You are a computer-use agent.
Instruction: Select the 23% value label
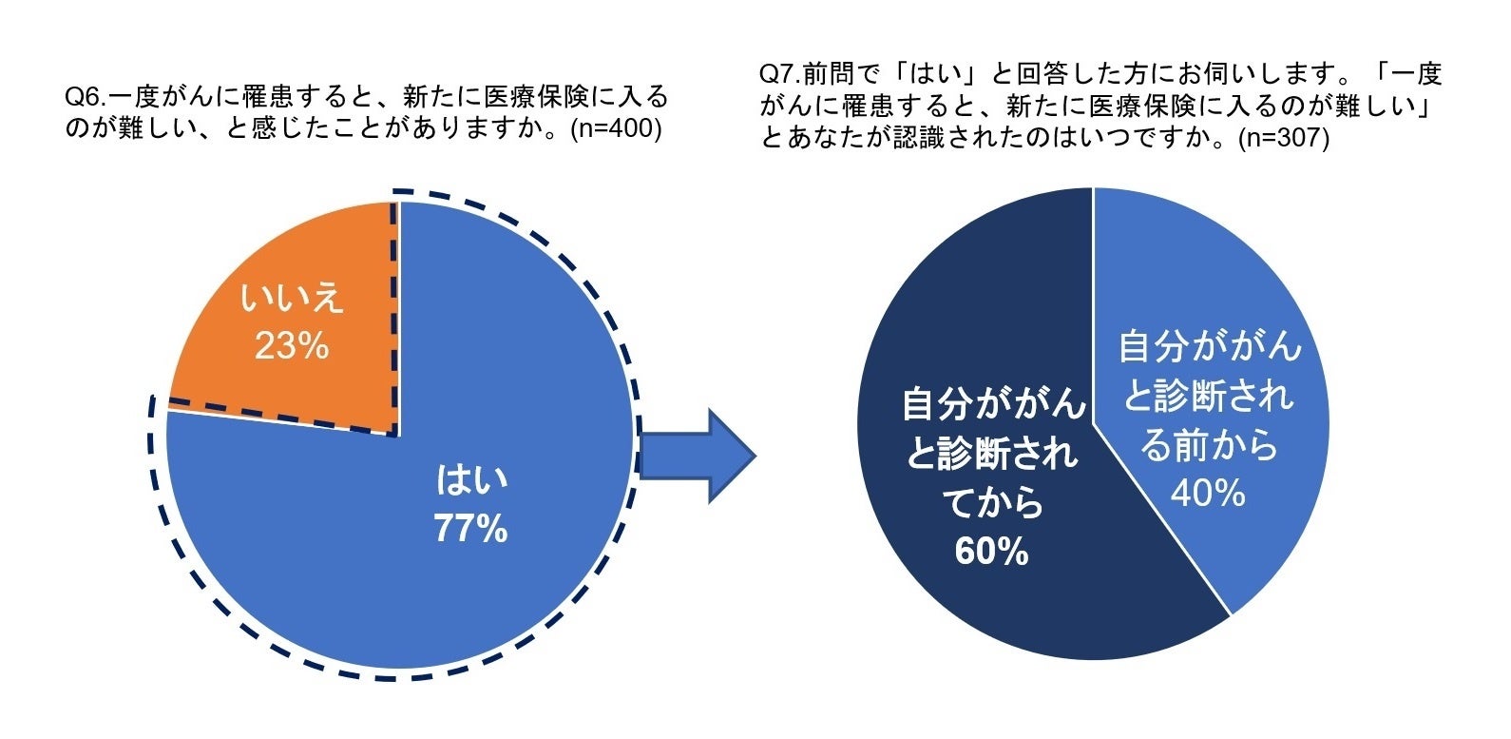point(291,346)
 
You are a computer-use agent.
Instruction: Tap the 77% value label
point(470,529)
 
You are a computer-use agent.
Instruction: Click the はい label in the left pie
point(471,479)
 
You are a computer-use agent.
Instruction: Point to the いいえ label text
point(291,299)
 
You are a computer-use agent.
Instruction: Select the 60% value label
point(991,552)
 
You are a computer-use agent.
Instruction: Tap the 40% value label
point(1208,493)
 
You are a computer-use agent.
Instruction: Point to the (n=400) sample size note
point(615,128)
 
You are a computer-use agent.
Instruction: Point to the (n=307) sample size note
point(1283,138)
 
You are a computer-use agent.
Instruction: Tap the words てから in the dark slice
point(992,503)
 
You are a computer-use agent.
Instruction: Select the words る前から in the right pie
point(1209,444)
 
